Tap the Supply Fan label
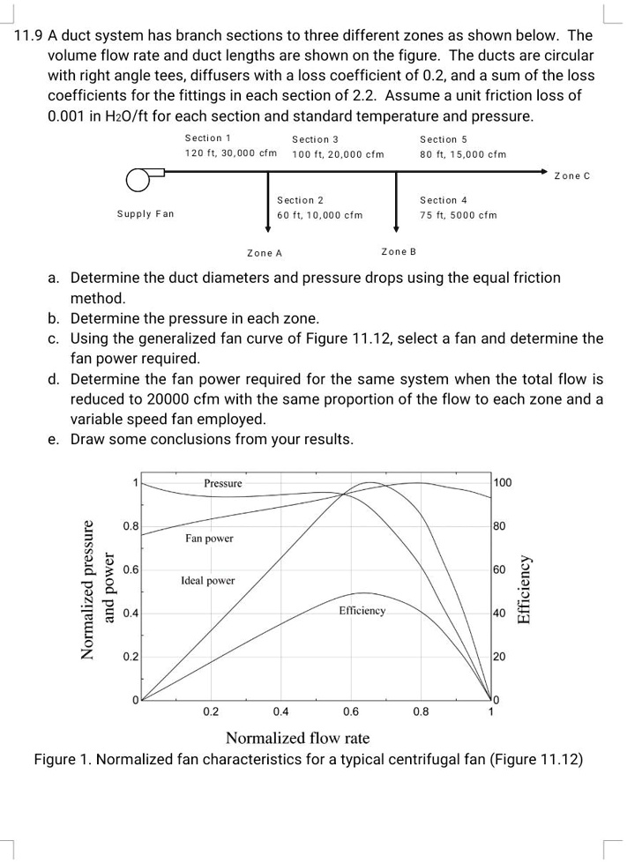tap(146, 214)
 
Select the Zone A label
tap(265, 253)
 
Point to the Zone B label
tap(399, 252)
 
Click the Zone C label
tap(571, 176)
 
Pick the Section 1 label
tap(208, 138)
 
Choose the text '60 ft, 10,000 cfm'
tap(319, 215)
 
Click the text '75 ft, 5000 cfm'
tap(459, 215)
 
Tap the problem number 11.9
tap(29, 36)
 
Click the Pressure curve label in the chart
tap(223, 483)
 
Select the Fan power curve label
tap(209, 538)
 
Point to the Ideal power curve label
tap(207, 581)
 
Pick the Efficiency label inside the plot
tap(362, 611)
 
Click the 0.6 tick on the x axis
tap(350, 711)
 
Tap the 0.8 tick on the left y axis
tap(129, 527)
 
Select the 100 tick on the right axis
tap(502, 483)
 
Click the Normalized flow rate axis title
tap(297, 738)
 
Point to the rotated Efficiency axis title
tap(524, 590)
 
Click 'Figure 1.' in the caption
tap(61, 760)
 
